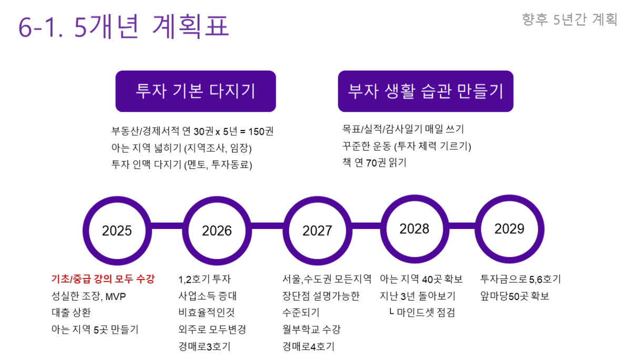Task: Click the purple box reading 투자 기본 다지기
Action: [x=196, y=91]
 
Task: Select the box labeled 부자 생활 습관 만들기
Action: [x=426, y=91]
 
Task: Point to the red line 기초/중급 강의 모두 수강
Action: [x=103, y=279]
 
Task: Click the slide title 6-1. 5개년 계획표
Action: [x=124, y=26]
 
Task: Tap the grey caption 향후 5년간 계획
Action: [x=569, y=19]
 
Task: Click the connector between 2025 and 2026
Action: [x=167, y=226]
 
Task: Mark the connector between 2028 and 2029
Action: [x=462, y=226]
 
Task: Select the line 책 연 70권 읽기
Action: [x=374, y=163]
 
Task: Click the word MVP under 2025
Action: [x=115, y=296]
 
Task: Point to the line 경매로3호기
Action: [x=204, y=346]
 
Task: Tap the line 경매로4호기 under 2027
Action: [x=308, y=346]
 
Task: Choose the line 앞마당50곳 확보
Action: [x=515, y=296]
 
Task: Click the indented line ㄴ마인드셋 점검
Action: [x=422, y=312]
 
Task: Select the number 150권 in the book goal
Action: [x=261, y=132]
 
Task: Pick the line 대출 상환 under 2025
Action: [x=71, y=312]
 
